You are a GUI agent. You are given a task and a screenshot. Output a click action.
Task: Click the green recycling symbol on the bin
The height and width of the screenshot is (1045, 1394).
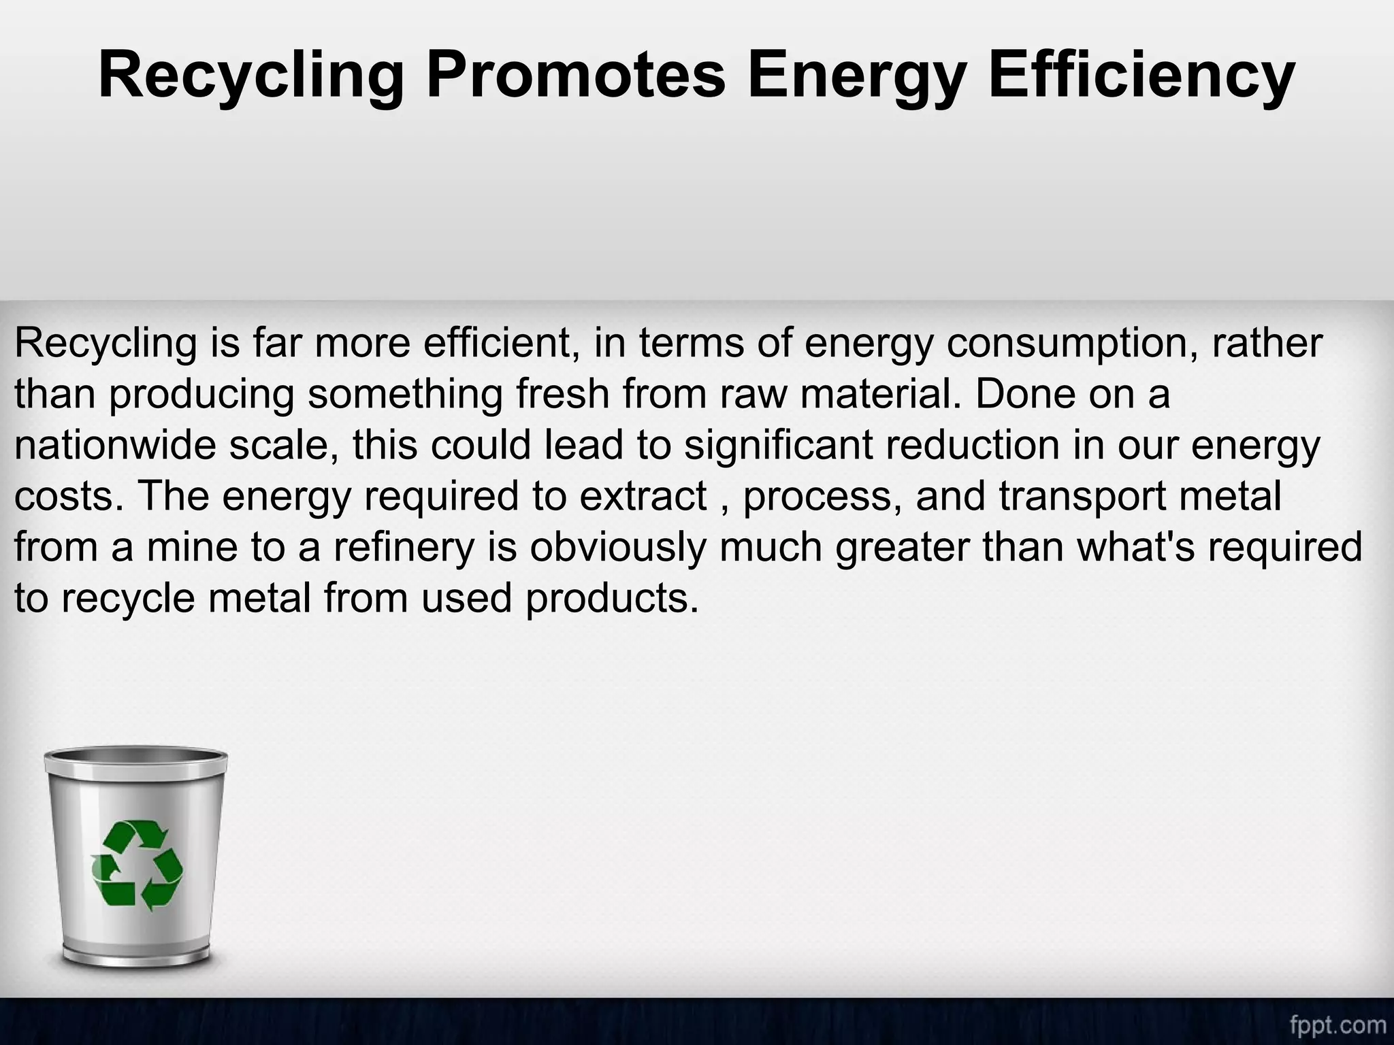[x=137, y=864]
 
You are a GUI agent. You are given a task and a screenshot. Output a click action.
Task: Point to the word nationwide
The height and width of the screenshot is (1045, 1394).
[x=115, y=445]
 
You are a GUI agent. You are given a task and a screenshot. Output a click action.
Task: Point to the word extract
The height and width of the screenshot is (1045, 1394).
[x=643, y=496]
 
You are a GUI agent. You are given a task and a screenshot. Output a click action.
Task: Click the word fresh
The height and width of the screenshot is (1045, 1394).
[x=562, y=394]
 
